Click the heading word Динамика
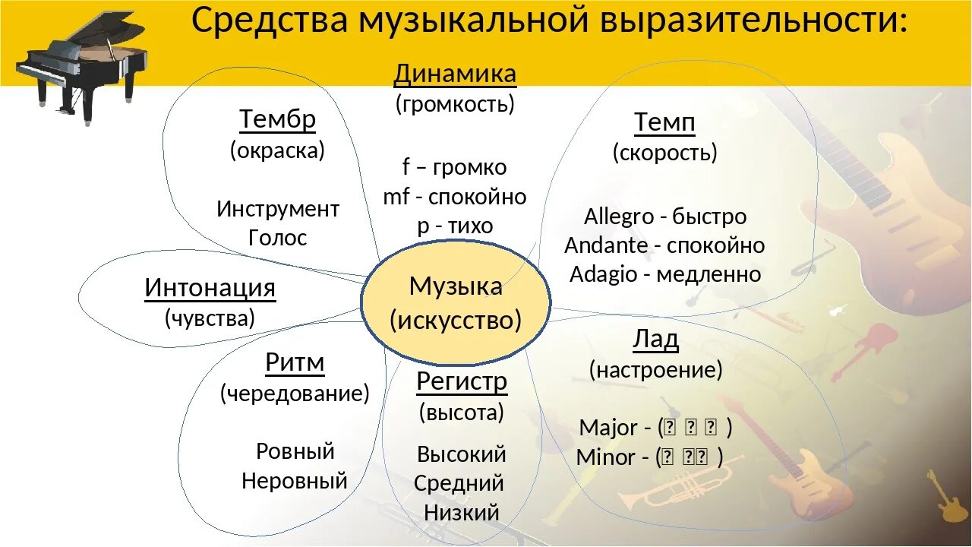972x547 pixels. tap(455, 74)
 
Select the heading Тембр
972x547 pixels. tap(277, 119)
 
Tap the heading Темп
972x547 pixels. tap(664, 122)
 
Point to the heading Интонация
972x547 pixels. tap(210, 288)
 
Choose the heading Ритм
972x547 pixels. tap(295, 363)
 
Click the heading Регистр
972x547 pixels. tap(461, 381)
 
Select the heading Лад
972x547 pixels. tap(655, 340)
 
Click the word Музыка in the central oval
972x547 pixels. tap(456, 286)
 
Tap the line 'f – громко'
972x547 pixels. tap(454, 166)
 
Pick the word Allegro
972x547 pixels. tap(619, 217)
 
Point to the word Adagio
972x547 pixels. tap(604, 274)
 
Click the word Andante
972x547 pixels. tap(606, 245)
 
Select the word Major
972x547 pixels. tap(608, 428)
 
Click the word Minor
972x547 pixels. tap(606, 457)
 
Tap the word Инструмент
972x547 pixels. tap(277, 208)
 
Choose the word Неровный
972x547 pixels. tap(295, 480)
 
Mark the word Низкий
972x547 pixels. tap(461, 512)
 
